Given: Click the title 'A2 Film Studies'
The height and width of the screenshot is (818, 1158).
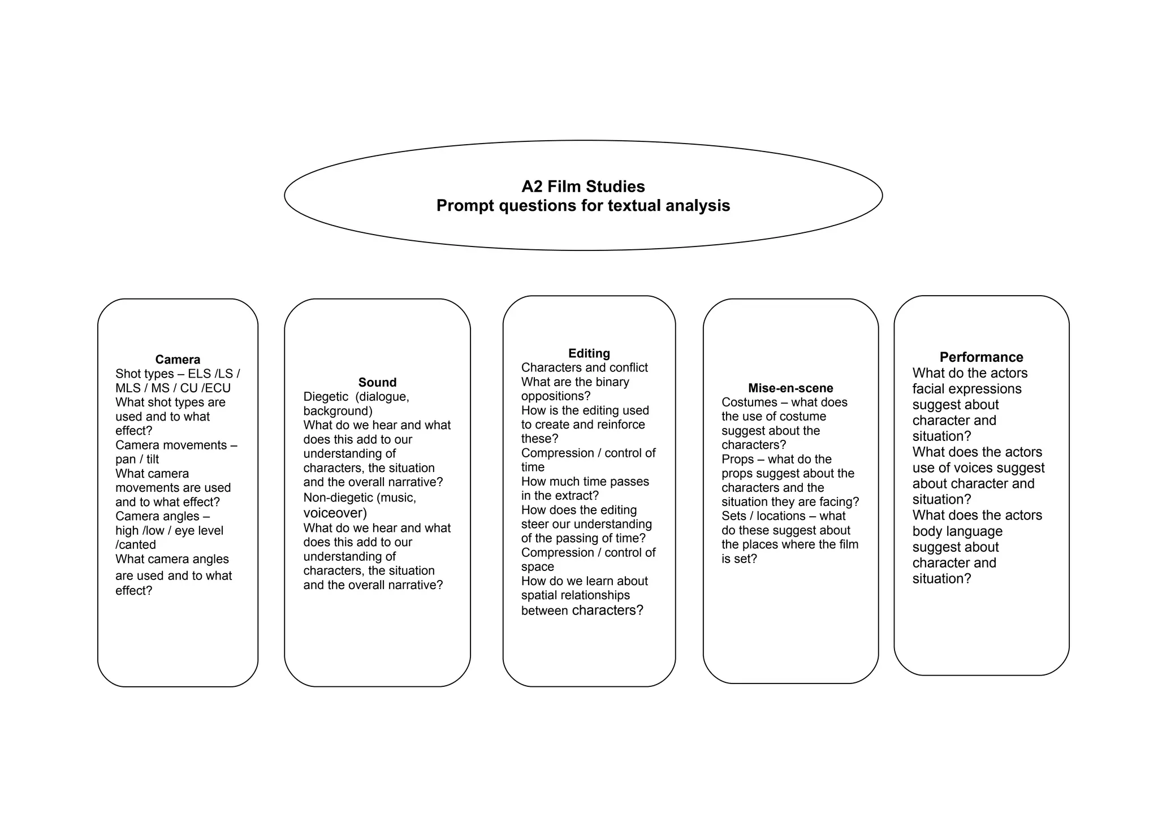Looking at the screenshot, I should pyautogui.click(x=583, y=187).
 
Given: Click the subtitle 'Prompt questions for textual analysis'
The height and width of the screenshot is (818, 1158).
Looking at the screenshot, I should pyautogui.click(x=583, y=206).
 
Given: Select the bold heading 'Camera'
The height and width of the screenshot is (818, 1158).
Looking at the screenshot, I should pyautogui.click(x=178, y=360).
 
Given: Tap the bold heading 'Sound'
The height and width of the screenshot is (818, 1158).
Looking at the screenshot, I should pyautogui.click(x=377, y=383).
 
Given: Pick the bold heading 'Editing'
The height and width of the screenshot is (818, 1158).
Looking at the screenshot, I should pyautogui.click(x=589, y=353).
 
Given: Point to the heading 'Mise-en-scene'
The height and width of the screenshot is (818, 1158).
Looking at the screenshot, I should pyautogui.click(x=790, y=388).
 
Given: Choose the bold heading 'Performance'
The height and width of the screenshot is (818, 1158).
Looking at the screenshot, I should pyautogui.click(x=981, y=357).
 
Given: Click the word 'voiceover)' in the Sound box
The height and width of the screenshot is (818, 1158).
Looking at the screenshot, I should pyautogui.click(x=335, y=513).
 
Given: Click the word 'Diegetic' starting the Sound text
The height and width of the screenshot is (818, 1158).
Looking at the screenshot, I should pyautogui.click(x=326, y=397).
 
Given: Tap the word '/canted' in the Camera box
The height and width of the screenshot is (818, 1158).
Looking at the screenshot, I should pyautogui.click(x=136, y=545).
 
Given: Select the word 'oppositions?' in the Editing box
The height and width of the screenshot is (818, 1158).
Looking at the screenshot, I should pyautogui.click(x=555, y=396).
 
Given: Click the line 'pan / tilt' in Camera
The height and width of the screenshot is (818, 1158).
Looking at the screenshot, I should pyautogui.click(x=137, y=460).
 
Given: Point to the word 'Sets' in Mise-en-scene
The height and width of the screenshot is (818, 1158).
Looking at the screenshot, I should pyautogui.click(x=733, y=516).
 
